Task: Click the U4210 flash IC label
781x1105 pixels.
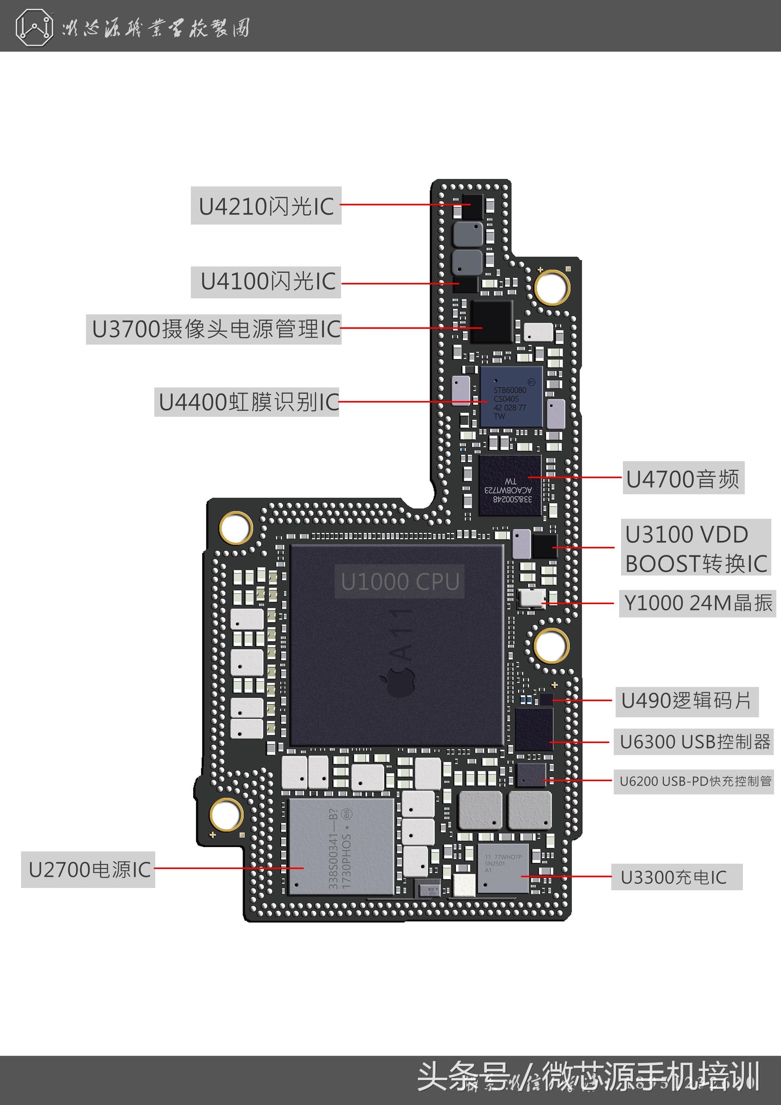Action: pos(266,206)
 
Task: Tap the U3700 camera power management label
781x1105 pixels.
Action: pos(214,329)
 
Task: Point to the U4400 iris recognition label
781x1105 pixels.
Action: pos(247,402)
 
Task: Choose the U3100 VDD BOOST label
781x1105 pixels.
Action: pos(696,548)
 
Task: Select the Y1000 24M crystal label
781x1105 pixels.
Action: pos(697,603)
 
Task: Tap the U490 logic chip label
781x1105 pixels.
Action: pos(686,701)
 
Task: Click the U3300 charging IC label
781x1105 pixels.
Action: pos(676,877)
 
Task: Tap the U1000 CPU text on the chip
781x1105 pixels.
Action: pos(400,581)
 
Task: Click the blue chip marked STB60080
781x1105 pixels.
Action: pos(511,396)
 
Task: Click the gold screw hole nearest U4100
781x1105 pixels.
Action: pos(551,287)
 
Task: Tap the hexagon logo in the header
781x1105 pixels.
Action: pos(34,28)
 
